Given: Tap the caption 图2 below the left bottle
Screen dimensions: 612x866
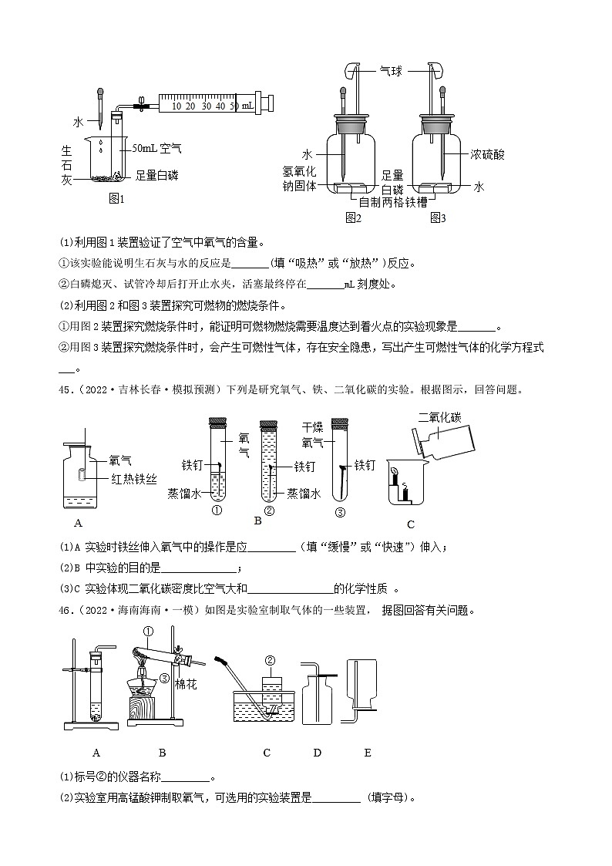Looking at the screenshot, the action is click(353, 217).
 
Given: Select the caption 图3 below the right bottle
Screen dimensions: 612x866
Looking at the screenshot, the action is click(438, 217).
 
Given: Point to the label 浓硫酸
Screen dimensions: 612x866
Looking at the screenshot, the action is click(488, 154).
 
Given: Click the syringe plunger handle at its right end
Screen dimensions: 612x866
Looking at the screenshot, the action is click(270, 103).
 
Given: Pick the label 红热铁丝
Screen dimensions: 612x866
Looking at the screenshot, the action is click(133, 479).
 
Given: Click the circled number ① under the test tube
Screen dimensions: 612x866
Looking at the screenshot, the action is click(217, 510).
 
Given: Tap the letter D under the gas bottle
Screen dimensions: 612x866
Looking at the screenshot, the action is click(317, 753).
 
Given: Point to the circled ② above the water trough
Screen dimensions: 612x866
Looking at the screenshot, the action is click(269, 660).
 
